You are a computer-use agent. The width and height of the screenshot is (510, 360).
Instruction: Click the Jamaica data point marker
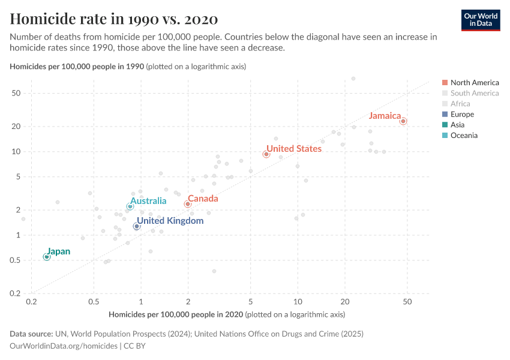pyautogui.click(x=403, y=121)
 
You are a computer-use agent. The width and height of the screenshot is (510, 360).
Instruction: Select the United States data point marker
pyautogui.click(x=266, y=154)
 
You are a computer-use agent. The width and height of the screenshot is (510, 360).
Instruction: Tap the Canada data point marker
pyautogui.click(x=188, y=204)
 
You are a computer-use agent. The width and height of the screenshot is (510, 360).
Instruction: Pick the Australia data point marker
pyautogui.click(x=130, y=206)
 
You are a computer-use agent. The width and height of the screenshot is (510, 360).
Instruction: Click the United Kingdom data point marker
pyautogui.click(x=137, y=226)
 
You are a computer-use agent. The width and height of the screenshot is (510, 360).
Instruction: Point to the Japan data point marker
pyautogui.click(x=47, y=257)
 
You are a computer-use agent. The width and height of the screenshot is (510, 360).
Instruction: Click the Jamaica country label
pyautogui.click(x=385, y=116)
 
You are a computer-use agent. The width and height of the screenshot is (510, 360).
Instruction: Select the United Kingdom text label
pyautogui.click(x=170, y=221)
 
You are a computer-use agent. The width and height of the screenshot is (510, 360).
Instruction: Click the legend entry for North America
pyautogui.click(x=474, y=82)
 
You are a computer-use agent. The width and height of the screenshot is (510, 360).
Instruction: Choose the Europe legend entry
pyautogui.click(x=462, y=114)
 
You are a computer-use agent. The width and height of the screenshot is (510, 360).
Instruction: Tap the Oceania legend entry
pyautogui.click(x=464, y=136)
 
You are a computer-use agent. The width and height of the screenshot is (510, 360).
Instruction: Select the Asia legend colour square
pyautogui.click(x=445, y=125)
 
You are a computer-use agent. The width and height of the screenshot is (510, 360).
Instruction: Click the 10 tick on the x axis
pyautogui.click(x=298, y=304)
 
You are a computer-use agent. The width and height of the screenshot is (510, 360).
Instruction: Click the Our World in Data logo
pyautogui.click(x=480, y=20)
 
